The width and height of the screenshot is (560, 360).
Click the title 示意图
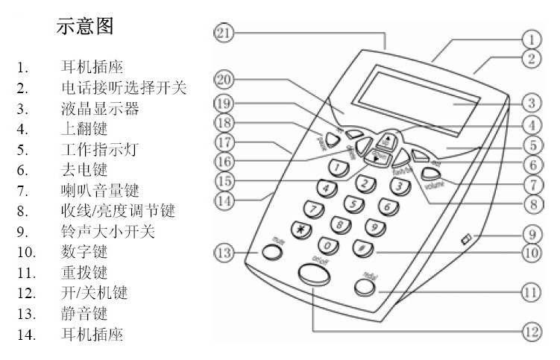tap(85, 27)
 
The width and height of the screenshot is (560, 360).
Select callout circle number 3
tap(531, 102)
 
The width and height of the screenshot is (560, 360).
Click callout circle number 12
tap(531, 332)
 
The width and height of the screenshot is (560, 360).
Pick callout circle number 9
tap(531, 233)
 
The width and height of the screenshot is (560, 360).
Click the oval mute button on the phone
tap(271, 253)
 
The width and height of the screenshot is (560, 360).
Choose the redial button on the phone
tap(364, 287)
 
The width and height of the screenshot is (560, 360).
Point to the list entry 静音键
tap(84, 312)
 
